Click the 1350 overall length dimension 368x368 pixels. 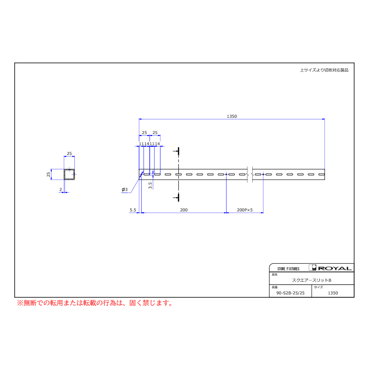232,117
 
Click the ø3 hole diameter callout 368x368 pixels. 125,189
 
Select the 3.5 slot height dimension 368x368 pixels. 150,185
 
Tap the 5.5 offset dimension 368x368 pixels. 133,210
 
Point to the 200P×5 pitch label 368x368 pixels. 245,210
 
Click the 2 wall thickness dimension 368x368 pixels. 61,189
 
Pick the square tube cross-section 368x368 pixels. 69,174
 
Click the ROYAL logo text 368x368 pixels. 335,269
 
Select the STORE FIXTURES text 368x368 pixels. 288,269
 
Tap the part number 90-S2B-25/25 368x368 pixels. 290,293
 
